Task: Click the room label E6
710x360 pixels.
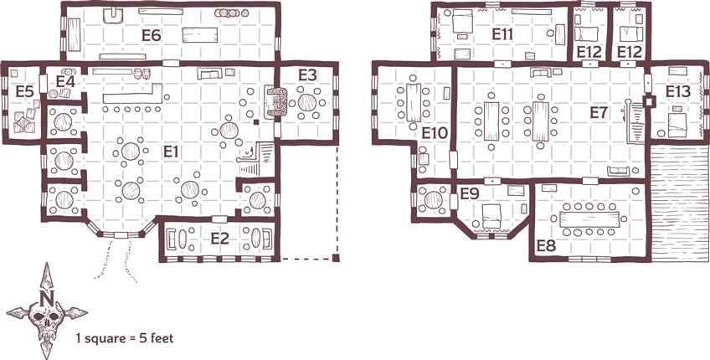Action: pyautogui.click(x=152, y=35)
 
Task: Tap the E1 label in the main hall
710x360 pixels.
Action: pyautogui.click(x=171, y=152)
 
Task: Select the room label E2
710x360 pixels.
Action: pyautogui.click(x=219, y=239)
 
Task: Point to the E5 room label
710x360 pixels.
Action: pyautogui.click(x=24, y=91)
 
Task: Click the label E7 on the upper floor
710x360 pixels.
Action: pyautogui.click(x=598, y=113)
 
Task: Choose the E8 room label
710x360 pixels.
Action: pyautogui.click(x=546, y=246)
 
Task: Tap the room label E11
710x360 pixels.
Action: pyautogui.click(x=502, y=34)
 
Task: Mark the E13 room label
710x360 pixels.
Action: pyautogui.click(x=678, y=92)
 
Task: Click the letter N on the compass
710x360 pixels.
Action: pyautogui.click(x=47, y=297)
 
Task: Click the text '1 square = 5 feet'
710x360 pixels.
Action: pyautogui.click(x=125, y=337)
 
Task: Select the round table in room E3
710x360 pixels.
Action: pyautogui.click(x=306, y=102)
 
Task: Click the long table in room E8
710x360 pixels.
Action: pyautogui.click(x=589, y=219)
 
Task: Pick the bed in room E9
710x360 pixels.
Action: pyautogui.click(x=491, y=215)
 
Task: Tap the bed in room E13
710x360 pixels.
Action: pyautogui.click(x=677, y=125)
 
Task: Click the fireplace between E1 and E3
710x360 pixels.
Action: pyautogui.click(x=275, y=103)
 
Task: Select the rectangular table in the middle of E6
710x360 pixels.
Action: pyautogui.click(x=199, y=35)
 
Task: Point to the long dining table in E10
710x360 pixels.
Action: pyautogui.click(x=413, y=102)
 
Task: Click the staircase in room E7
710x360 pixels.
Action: pyautogui.click(x=635, y=121)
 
